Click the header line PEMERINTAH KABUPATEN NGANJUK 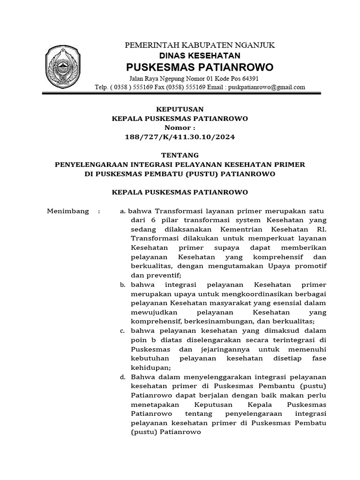click(x=199, y=45)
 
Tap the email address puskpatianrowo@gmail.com click(x=266, y=87)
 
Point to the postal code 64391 click(x=249, y=78)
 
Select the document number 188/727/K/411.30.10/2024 click(x=180, y=137)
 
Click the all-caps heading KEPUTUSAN click(x=180, y=109)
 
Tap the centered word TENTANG click(x=180, y=155)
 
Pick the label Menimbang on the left click(x=68, y=211)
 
